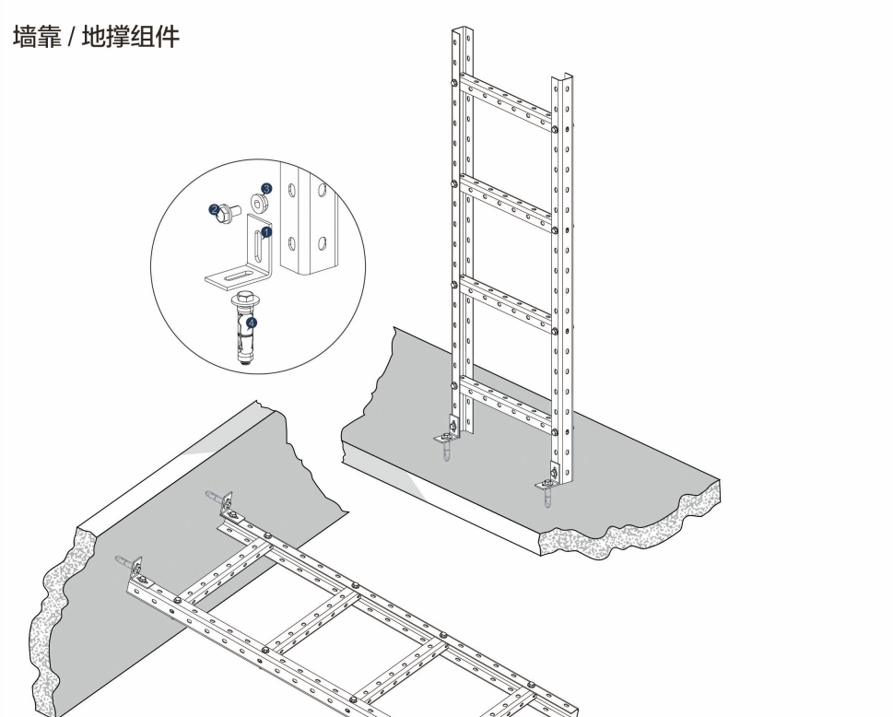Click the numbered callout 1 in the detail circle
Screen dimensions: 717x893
pyautogui.click(x=266, y=232)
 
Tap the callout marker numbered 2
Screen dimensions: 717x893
pyautogui.click(x=214, y=211)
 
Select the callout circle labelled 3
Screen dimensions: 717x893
pyautogui.click(x=265, y=188)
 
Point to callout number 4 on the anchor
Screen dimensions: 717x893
pyautogui.click(x=252, y=323)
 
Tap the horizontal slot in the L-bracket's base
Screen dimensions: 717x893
pyautogui.click(x=237, y=275)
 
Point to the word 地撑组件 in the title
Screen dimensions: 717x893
pyautogui.click(x=130, y=38)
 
